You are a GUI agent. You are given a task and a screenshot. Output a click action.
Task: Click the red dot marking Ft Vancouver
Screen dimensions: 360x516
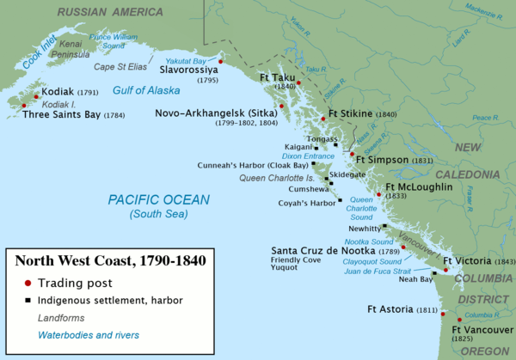447,318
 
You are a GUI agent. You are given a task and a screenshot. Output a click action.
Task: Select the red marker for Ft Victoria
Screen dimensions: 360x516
445,270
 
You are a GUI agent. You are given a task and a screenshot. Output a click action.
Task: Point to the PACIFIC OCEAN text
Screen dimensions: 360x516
158,199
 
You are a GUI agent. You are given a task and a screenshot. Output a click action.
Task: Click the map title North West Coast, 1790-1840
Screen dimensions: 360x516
107,258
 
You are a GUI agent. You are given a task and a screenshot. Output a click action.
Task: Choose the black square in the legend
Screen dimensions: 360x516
27,300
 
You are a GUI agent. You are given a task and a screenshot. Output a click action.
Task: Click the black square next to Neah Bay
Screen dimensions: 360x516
434,273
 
